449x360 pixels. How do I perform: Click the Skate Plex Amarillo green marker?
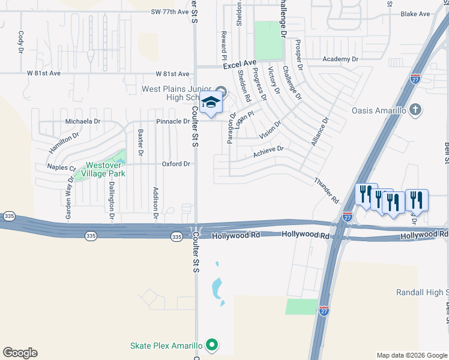211,345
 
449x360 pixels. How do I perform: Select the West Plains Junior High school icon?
211,103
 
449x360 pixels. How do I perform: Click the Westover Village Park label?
106,169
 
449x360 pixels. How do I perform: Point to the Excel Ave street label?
240,62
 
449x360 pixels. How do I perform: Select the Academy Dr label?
340,59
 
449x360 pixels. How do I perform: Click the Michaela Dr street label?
83,121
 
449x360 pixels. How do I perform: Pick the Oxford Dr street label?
176,164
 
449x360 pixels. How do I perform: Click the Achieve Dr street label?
268,152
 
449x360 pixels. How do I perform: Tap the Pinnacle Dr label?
173,121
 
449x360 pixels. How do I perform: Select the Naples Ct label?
61,168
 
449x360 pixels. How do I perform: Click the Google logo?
20,353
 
